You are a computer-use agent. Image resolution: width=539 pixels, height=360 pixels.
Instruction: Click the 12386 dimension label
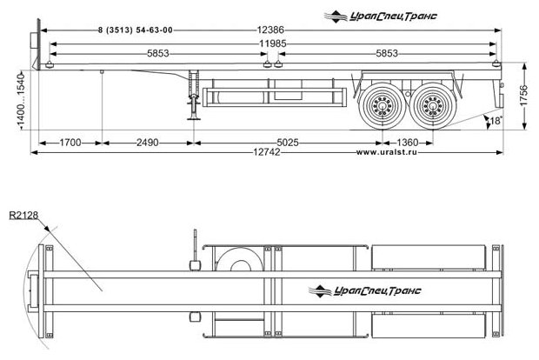[272, 30]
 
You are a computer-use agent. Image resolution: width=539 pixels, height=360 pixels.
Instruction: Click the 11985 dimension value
[273, 43]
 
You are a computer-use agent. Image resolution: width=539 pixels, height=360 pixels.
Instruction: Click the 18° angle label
[496, 121]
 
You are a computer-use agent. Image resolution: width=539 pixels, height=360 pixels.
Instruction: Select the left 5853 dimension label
[157, 54]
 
